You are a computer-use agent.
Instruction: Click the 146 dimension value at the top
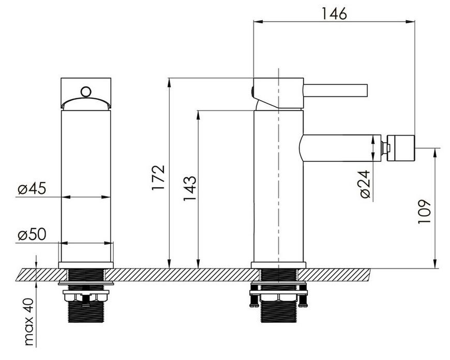point(334,13)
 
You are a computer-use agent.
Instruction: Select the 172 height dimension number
point(158,177)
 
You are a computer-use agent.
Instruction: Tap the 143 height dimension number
point(190,188)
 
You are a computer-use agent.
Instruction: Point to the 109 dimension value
point(425,212)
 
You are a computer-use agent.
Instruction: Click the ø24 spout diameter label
point(365,184)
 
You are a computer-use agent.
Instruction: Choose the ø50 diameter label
point(32,234)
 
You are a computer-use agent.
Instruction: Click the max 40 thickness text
point(29,322)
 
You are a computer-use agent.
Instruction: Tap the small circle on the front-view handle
point(86,92)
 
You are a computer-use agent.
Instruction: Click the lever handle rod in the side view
point(336,90)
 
